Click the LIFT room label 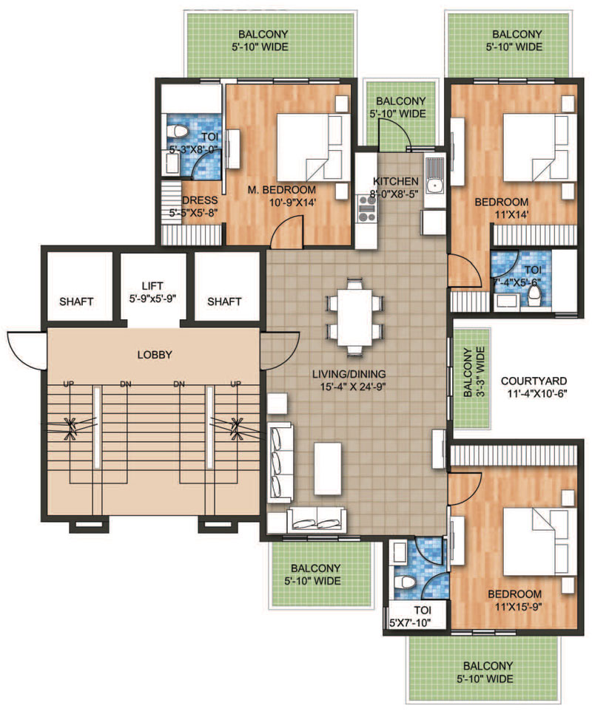(x=152, y=286)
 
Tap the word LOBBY (x=155, y=355)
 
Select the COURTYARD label (x=534, y=381)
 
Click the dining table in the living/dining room (x=354, y=317)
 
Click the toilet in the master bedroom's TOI (x=177, y=132)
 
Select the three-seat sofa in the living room (x=280, y=463)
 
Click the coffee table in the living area (x=327, y=469)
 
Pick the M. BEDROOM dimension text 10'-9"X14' (x=292, y=203)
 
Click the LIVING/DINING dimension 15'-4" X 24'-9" (x=349, y=387)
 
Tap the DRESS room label (x=200, y=200)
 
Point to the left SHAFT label (x=76, y=302)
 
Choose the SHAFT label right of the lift (x=224, y=302)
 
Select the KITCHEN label (x=396, y=181)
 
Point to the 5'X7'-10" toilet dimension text (x=410, y=622)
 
